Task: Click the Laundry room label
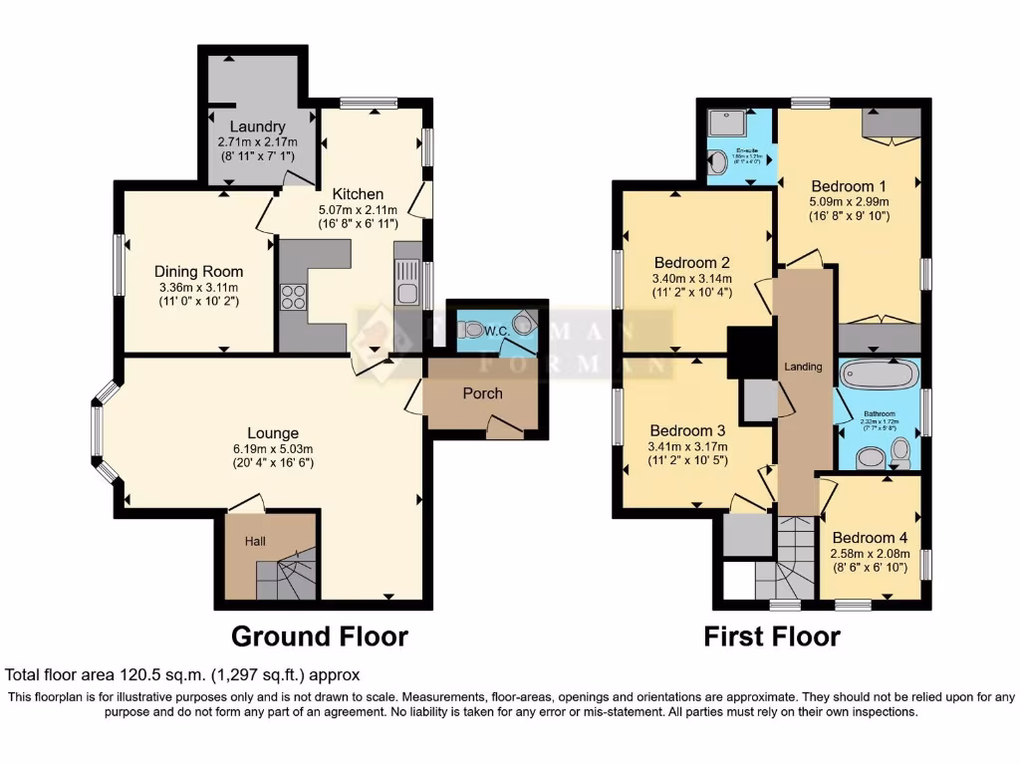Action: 257,127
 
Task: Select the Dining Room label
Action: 198,271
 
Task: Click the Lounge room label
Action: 273,433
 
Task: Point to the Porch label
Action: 482,392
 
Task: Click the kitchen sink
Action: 407,293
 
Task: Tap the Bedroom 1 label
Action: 848,186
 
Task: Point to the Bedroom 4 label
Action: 870,535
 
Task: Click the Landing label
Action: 803,367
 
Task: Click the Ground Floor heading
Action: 319,636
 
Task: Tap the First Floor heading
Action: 772,636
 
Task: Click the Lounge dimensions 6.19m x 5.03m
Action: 273,448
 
